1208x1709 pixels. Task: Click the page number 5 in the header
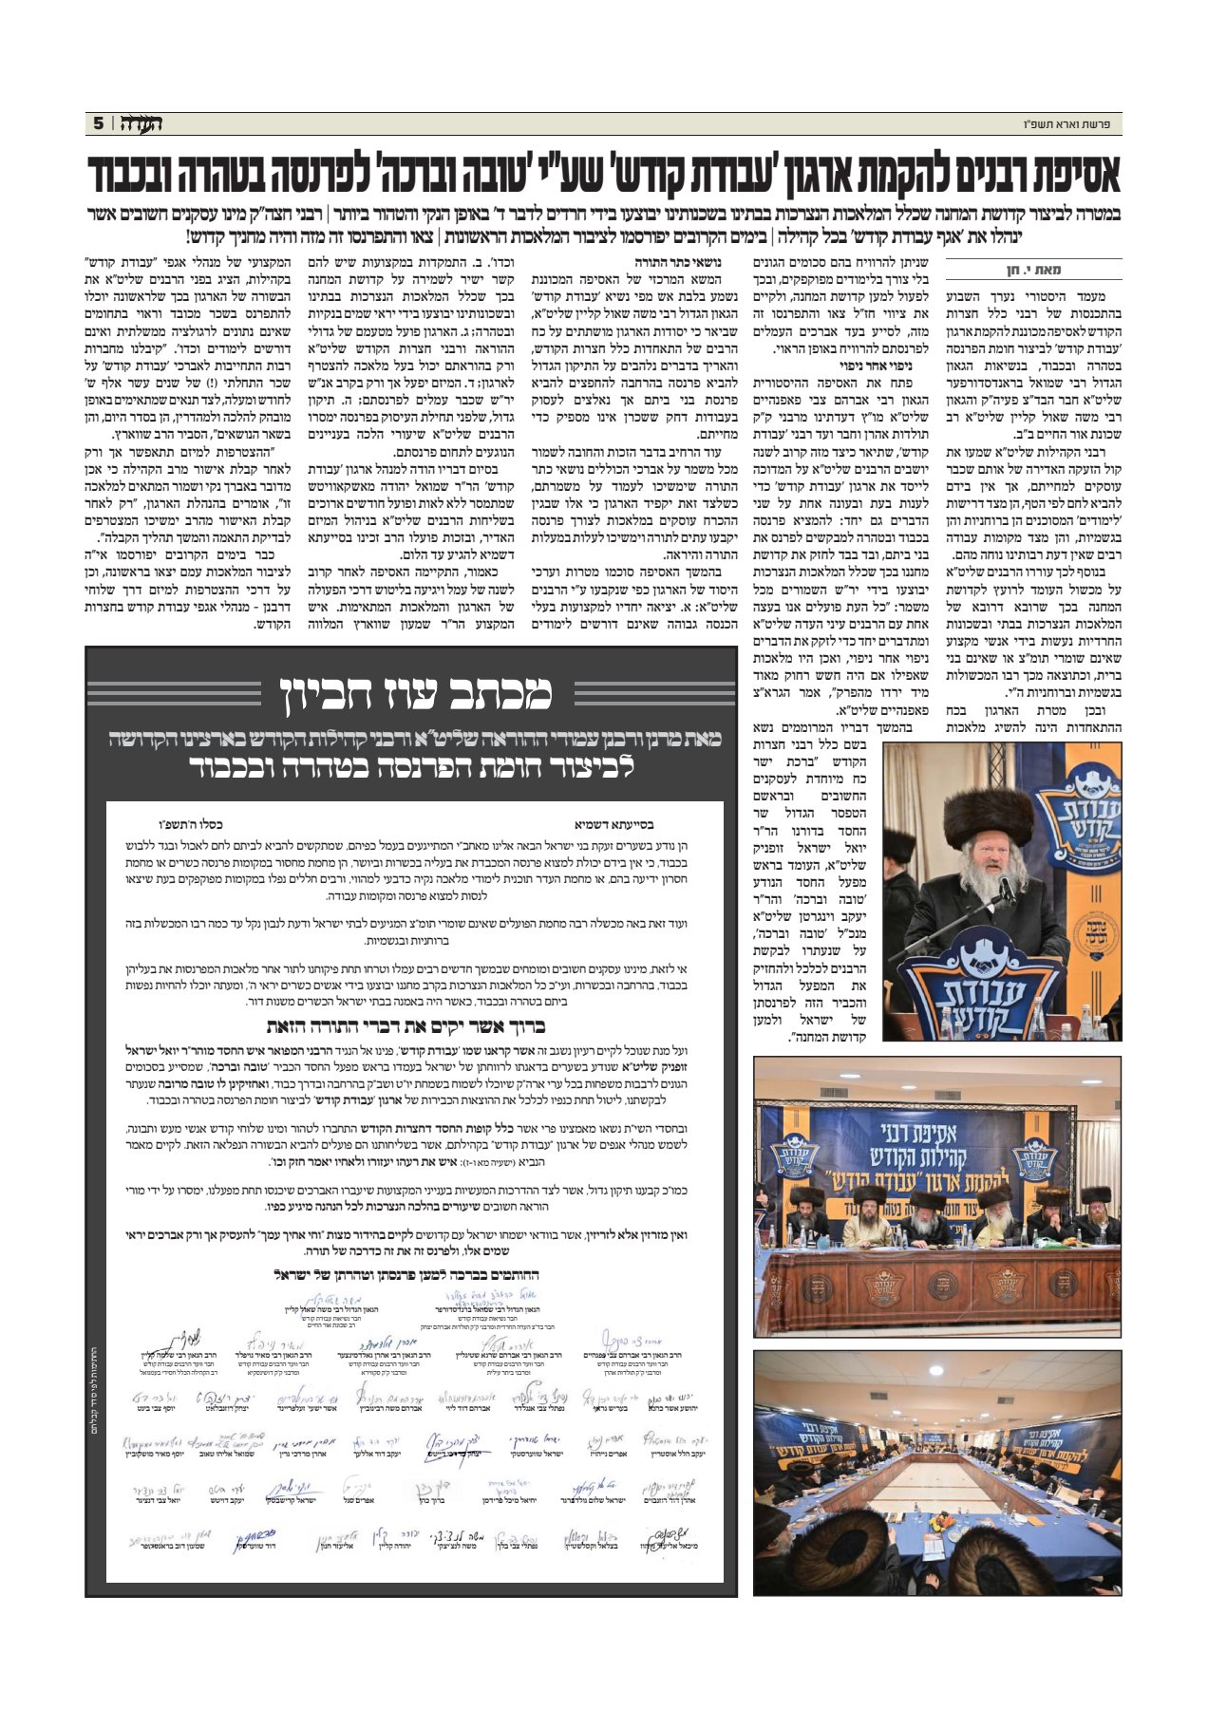[98, 123]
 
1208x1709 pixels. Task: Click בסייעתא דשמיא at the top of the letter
[613, 825]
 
